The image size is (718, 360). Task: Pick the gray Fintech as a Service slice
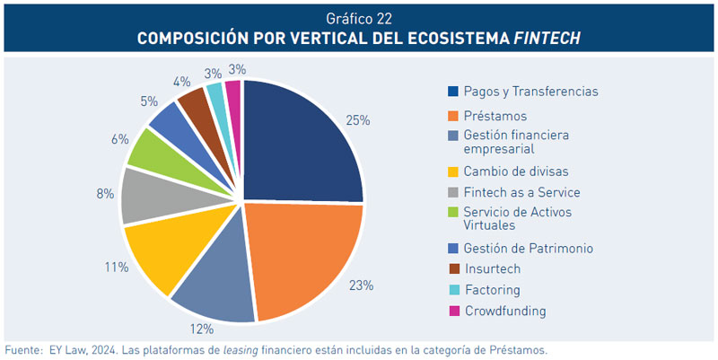pyautogui.click(x=144, y=195)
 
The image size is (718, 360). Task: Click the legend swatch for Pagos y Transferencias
pyautogui.click(x=453, y=91)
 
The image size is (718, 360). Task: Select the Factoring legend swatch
pyautogui.click(x=453, y=290)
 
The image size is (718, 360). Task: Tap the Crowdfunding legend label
pyautogui.click(x=504, y=311)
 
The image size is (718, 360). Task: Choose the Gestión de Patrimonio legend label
pyautogui.click(x=528, y=248)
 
